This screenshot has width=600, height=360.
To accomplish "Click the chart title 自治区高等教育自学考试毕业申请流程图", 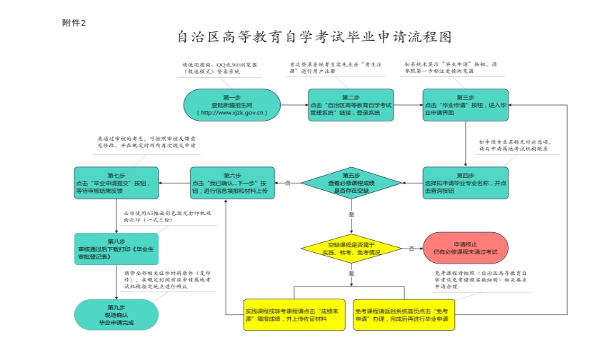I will pos(314,36).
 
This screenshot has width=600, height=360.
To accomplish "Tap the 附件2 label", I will pos(74,24).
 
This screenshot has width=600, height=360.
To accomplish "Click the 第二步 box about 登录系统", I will pos(351,105).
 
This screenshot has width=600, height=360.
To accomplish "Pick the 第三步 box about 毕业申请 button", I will pos(465,105).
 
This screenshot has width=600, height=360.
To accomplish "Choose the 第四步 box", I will pos(465,183).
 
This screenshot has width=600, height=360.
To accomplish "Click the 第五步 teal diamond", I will pos(351,183).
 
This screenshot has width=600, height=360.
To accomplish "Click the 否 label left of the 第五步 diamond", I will pos(288,184).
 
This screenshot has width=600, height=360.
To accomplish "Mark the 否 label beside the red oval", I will pos(411,249).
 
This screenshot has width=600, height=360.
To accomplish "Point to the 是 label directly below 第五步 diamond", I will pos(351,214).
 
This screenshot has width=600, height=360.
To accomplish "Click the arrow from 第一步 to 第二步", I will pos(293,106).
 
